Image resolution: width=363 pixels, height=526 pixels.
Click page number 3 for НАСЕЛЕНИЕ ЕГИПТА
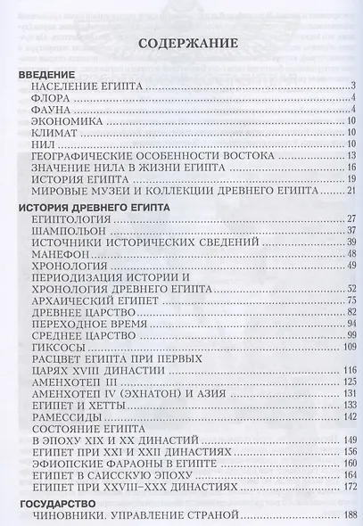353,86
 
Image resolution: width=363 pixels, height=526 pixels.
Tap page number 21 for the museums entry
351,190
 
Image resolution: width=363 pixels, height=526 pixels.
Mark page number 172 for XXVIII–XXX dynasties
348,488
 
